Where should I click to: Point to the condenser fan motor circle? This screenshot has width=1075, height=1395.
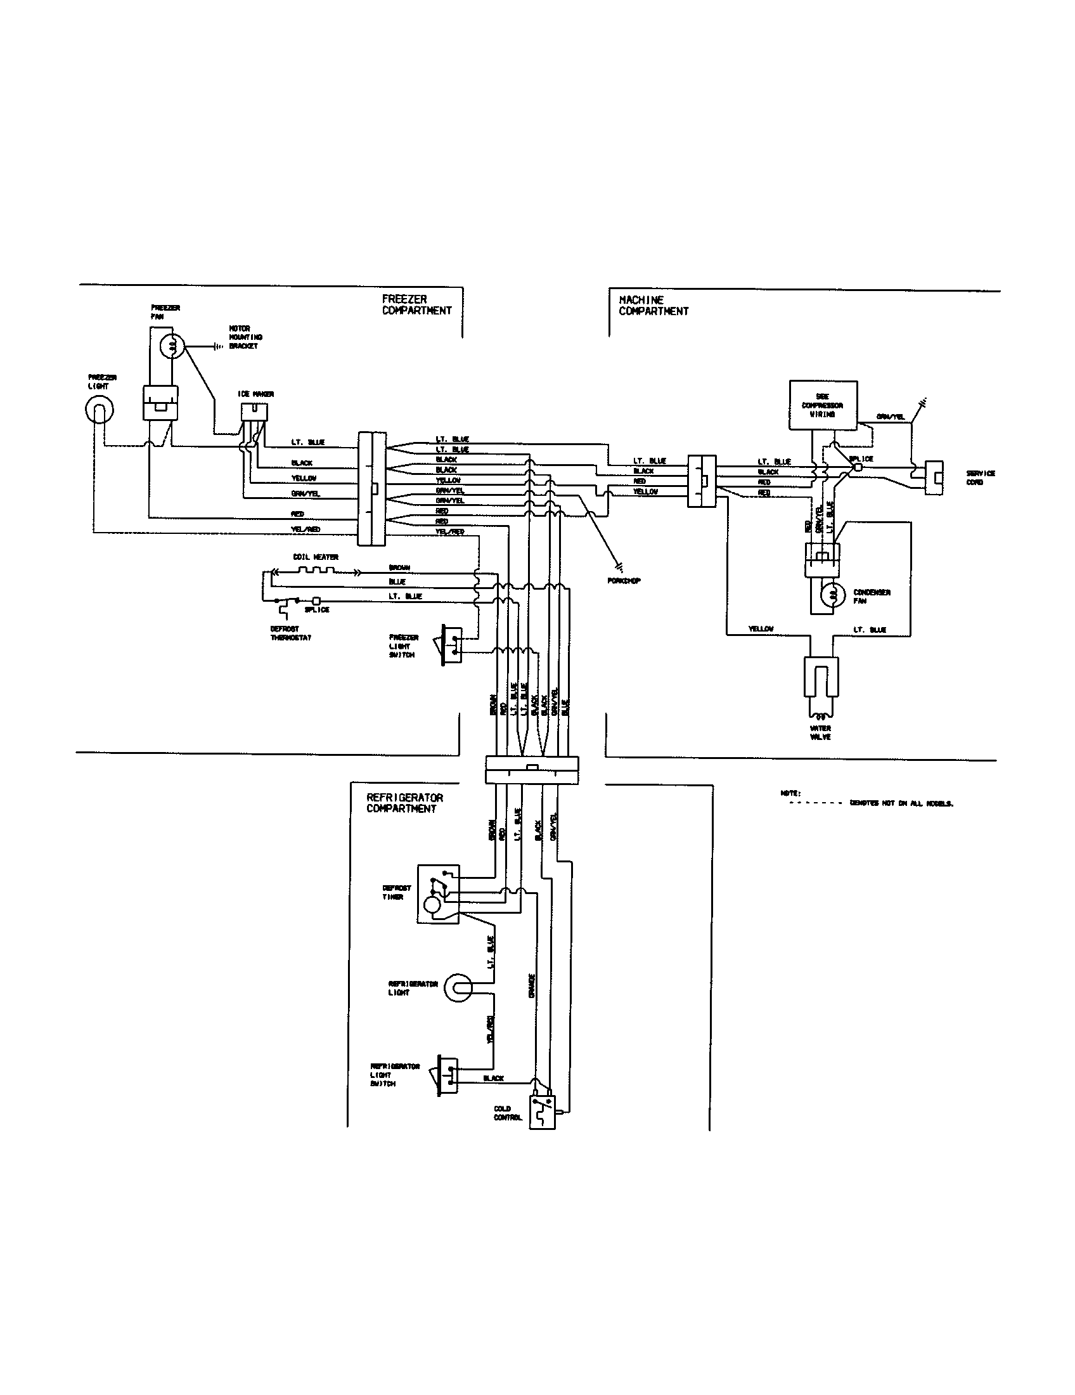coord(832,597)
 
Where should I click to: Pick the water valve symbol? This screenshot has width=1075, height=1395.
coord(821,678)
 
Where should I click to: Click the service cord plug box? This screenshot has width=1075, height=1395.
coord(934,477)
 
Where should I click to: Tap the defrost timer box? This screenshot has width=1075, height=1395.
coord(438,894)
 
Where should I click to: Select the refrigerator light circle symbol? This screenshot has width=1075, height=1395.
coord(458,988)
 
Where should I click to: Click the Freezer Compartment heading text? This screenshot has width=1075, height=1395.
coord(416,304)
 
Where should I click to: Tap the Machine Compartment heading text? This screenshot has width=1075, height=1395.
coord(653,306)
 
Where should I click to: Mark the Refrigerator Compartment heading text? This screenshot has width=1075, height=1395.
coord(404,803)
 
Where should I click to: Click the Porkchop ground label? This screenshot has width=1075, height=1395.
coord(624,581)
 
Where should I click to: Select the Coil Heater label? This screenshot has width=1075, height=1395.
coord(316,557)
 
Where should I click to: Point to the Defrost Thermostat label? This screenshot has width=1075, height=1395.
coord(290,633)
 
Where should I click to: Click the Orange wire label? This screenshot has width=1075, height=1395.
coord(531,985)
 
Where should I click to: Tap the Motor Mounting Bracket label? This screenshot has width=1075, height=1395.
coord(246,337)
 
